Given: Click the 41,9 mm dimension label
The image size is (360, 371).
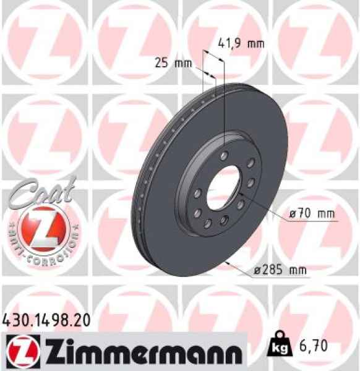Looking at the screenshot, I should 242,44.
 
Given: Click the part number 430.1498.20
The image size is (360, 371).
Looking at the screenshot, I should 47,320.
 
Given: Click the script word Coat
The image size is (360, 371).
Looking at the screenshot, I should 38,191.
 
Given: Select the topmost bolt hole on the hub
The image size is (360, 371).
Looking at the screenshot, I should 225,155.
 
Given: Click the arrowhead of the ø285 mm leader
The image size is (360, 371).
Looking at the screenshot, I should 231,263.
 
